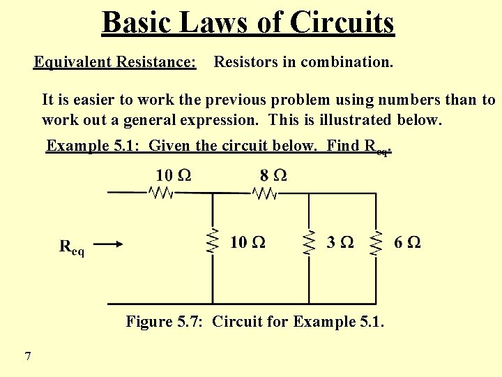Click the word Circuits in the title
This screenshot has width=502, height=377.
[342, 22]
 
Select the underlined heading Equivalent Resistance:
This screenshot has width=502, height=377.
[115, 62]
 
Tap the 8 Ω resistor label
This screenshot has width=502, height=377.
[271, 175]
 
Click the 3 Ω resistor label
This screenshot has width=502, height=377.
[340, 242]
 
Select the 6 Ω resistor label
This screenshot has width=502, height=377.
[407, 242]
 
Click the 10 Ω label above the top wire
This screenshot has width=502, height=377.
[173, 175]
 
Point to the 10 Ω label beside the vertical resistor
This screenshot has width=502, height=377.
[248, 242]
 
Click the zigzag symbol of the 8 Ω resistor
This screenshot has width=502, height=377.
[265, 193]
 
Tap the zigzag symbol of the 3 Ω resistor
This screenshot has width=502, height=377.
[309, 242]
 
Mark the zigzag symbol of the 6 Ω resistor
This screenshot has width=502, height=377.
[376, 242]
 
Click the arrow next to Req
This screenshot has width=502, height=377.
[109, 244]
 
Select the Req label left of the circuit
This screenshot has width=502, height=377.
[72, 247]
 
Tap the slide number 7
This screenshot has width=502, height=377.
[27, 357]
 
